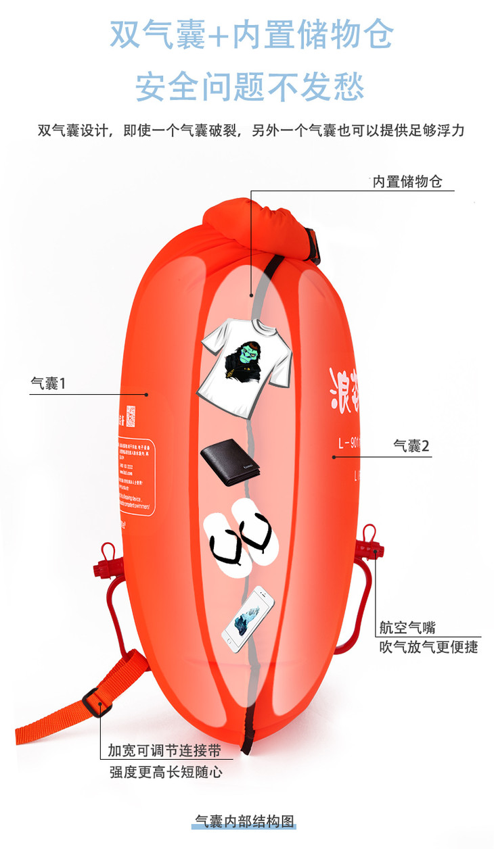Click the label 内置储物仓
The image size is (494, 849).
(407, 182)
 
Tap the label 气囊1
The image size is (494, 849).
(48, 384)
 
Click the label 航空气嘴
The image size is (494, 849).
(407, 628)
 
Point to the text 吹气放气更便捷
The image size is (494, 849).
(428, 647)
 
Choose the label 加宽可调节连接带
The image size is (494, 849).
(164, 750)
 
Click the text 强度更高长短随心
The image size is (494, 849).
(166, 771)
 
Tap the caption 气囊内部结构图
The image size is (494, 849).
(245, 821)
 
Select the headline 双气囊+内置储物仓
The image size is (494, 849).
(251, 35)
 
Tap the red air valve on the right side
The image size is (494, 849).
(371, 546)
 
